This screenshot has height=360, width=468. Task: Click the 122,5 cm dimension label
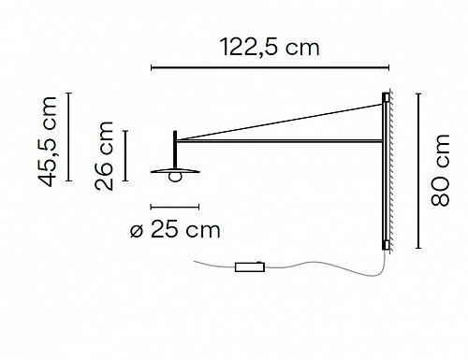[x=270, y=48]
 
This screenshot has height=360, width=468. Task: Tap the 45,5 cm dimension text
[x=48, y=142]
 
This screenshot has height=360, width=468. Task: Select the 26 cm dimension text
[x=104, y=156]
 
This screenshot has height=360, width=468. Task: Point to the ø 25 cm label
[x=175, y=230]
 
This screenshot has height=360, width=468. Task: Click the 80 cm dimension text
[x=440, y=170]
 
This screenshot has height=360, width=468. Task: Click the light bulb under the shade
[x=175, y=177]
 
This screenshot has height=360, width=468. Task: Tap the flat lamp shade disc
[x=175, y=171]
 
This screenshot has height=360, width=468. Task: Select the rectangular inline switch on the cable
[x=250, y=267]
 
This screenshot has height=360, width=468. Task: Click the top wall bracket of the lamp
[x=386, y=97]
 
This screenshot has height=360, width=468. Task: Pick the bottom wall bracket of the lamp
[x=386, y=245]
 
